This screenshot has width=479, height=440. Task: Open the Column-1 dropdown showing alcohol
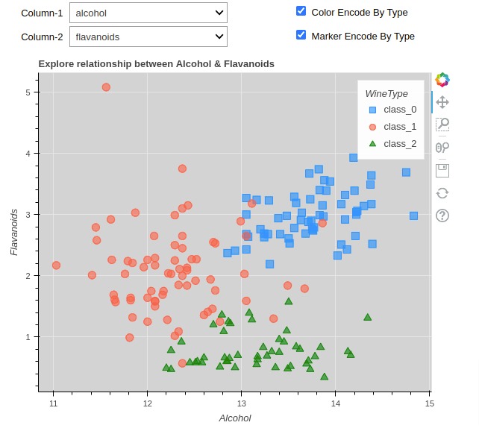pos(148,13)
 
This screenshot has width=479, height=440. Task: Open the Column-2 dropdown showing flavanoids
pos(148,37)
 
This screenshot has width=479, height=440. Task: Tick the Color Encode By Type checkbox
pos(301,11)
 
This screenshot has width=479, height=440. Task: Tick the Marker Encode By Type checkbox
pos(301,34)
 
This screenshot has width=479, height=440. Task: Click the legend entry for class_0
pos(399,110)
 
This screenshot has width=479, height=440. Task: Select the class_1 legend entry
pos(399,127)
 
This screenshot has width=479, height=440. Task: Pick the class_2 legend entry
pos(399,144)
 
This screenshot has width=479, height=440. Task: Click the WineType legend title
pos(386,93)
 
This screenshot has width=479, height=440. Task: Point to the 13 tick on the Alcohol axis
pos(241,404)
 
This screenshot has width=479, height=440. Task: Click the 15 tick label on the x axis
pos(429,404)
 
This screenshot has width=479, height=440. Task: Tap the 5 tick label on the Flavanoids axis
pos(27,92)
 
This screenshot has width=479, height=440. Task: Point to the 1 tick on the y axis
pos(27,337)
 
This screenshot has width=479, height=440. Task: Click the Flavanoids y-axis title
pos(14,232)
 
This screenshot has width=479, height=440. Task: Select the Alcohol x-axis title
pos(234,418)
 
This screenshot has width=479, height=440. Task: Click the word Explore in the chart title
pos(57,64)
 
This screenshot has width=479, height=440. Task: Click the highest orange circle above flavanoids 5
pos(106,87)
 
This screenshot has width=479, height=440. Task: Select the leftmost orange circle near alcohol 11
pos(56,265)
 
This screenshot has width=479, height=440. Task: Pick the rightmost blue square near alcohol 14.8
pos(413,216)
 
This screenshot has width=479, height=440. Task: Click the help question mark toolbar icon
pos(442,216)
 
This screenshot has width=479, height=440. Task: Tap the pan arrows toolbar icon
pos(442,101)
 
